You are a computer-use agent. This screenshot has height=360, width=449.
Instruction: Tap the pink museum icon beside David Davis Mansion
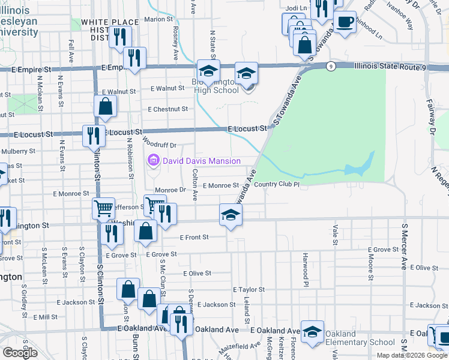[153, 160]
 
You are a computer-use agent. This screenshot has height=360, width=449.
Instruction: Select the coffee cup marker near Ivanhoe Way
[345, 23]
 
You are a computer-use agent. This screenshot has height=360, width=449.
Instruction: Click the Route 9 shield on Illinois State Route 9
[331, 67]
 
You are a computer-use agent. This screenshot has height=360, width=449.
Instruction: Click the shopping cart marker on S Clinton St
[103, 209]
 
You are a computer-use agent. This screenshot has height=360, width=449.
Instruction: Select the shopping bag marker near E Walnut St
[106, 106]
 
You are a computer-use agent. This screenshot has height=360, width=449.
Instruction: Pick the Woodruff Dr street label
[160, 145]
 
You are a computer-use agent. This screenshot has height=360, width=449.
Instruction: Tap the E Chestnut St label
[168, 109]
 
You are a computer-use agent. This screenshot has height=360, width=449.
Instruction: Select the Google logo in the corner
[20, 353]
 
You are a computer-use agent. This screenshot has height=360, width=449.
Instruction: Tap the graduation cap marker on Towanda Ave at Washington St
[230, 214]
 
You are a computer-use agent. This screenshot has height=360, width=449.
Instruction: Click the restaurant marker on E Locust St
[93, 135]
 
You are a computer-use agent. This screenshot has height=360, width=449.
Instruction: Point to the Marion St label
[158, 19]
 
